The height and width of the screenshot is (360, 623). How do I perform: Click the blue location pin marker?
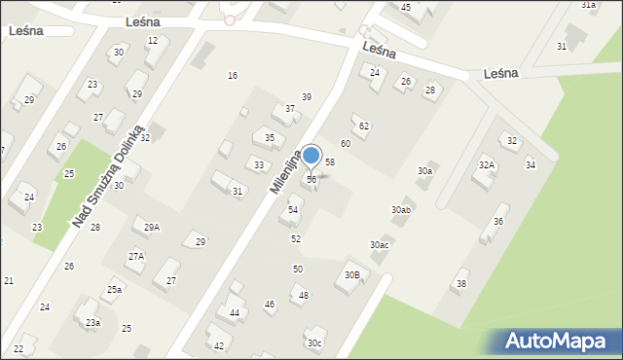(x=311, y=157)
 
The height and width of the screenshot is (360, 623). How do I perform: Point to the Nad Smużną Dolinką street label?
(x=107, y=177)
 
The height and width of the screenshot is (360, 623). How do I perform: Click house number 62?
(x=364, y=126)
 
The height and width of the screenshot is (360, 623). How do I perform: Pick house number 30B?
(x=352, y=275)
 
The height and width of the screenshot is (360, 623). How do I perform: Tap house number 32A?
(x=486, y=165)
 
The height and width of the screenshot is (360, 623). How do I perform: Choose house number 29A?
(x=152, y=227)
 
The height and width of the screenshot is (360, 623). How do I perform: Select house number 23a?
(x=92, y=322)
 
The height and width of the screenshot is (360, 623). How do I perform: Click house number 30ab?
(x=401, y=209)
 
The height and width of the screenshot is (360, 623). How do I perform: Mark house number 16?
(x=232, y=76)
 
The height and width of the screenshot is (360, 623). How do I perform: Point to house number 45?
(x=406, y=8)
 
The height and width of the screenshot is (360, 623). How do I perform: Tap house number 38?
(x=461, y=283)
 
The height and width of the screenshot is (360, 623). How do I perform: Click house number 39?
(x=306, y=97)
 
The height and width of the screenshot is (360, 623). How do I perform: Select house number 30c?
(x=313, y=342)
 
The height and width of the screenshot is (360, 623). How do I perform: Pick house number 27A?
(x=136, y=256)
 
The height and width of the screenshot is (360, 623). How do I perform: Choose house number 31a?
(x=588, y=5)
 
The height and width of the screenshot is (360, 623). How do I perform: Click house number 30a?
(x=424, y=171)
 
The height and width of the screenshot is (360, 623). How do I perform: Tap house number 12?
(x=152, y=41)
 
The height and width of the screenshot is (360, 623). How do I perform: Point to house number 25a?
(x=115, y=289)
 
